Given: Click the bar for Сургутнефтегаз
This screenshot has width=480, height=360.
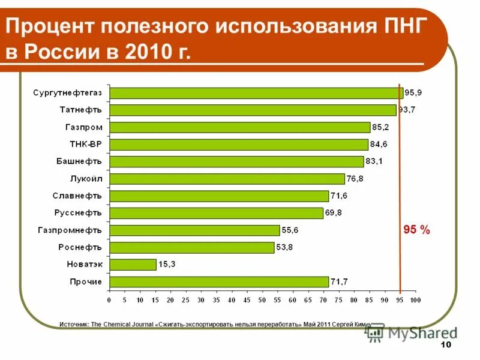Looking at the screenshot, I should coord(256,93).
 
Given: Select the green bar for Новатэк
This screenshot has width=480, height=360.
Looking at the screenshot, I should coord(133,265).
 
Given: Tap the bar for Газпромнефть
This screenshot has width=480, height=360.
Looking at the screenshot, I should coord(194,230).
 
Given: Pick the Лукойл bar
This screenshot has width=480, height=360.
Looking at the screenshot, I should coord(227,179).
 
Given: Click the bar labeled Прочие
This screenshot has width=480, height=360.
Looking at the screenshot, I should coord(219,282).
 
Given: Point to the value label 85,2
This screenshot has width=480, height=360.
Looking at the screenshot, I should coord(380,127).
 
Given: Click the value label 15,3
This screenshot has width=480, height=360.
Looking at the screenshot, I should coord(166,265).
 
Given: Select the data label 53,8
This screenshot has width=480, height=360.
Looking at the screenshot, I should coord(284,247).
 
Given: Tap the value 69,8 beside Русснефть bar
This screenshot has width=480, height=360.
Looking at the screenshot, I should coord(334,213).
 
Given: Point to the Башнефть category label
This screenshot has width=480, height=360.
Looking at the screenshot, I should coord(79,161).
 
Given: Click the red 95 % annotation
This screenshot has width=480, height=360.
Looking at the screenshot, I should coord(416,230).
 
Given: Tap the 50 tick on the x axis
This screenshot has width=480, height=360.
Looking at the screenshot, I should coord(262,299).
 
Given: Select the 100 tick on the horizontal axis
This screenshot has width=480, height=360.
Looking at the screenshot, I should coord(415,299).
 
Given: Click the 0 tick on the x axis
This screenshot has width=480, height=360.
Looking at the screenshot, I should coord(109,299).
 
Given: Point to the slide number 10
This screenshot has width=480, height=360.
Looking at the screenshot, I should coord(445,344).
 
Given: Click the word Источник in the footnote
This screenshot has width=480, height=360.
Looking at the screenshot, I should coord(74,324).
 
